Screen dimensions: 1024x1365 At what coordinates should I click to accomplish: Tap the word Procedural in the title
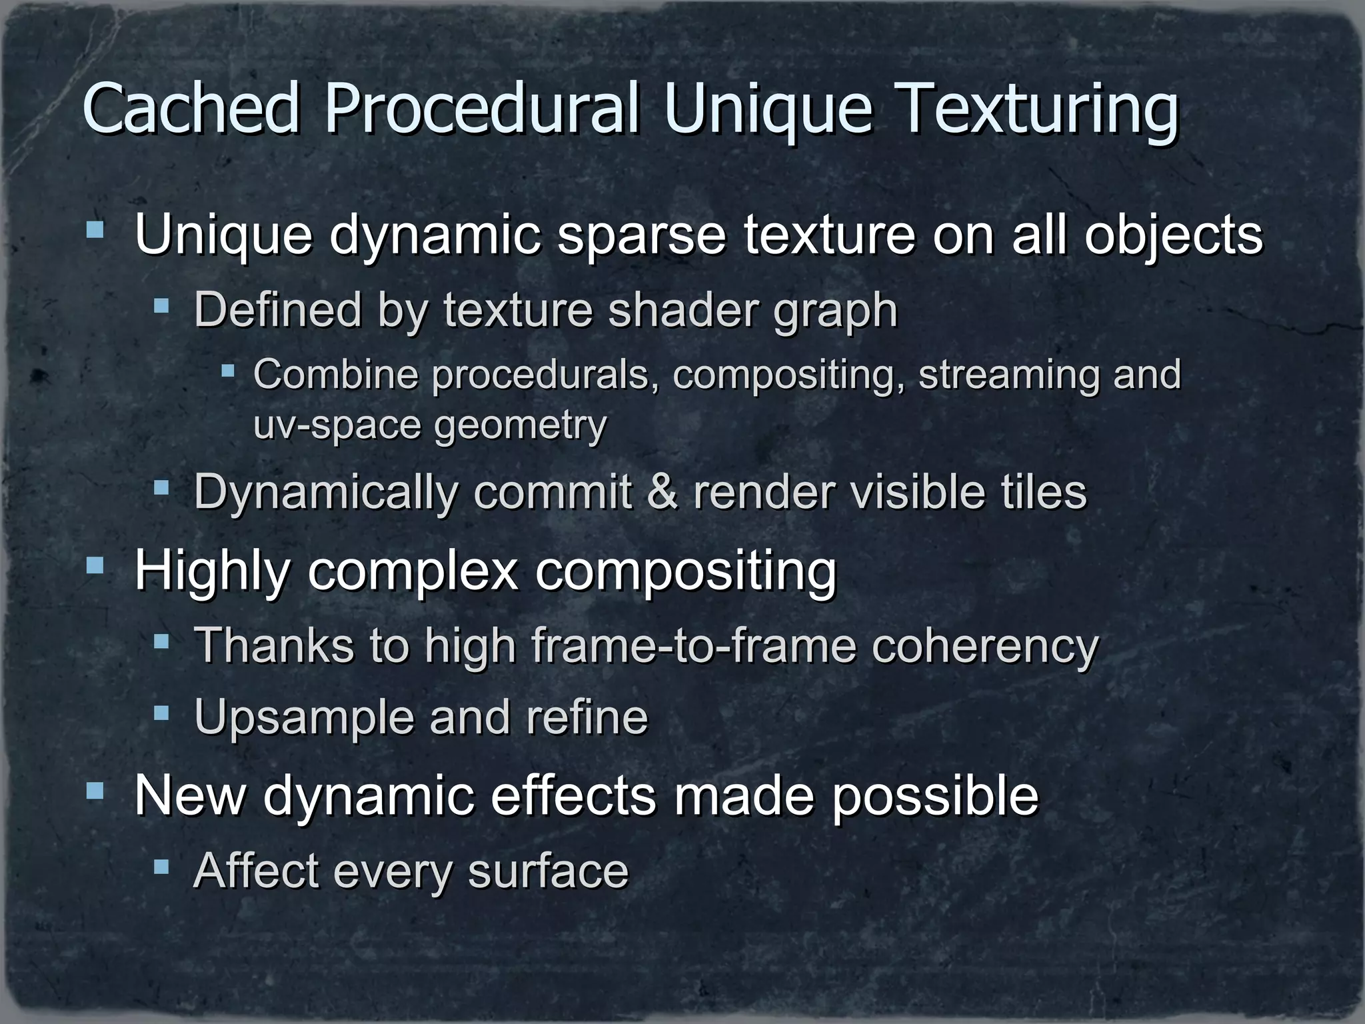coord(482,108)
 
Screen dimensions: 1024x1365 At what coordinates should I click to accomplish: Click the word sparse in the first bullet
coord(641,236)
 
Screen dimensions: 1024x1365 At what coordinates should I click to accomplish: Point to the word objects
coord(1172,236)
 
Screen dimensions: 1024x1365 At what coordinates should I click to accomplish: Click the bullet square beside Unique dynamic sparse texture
coord(95,231)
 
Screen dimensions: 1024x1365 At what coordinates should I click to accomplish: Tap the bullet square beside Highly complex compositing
coord(95,567)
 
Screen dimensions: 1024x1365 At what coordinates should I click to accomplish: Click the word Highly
coord(212,572)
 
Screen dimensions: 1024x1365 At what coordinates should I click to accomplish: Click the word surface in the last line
coord(548,871)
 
